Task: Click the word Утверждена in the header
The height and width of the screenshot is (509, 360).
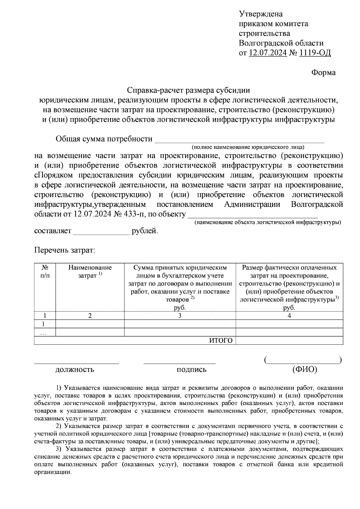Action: click(x=261, y=14)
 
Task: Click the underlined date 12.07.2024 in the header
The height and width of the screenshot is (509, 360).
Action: click(x=268, y=53)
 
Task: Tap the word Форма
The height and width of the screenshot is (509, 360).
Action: click(x=323, y=73)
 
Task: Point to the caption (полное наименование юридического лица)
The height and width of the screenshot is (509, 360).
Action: click(x=248, y=147)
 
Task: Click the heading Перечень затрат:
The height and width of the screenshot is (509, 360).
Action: click(x=64, y=250)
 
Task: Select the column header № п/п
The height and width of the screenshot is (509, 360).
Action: click(x=45, y=271)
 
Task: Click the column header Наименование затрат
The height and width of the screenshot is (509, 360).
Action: click(x=90, y=271)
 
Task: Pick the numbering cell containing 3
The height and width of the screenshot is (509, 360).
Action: click(x=180, y=316)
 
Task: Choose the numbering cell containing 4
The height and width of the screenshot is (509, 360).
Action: click(x=289, y=316)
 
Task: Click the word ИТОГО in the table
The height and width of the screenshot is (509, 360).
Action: click(x=221, y=341)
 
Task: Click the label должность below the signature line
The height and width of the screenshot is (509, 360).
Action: click(x=75, y=370)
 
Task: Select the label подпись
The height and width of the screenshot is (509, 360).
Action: click(x=191, y=370)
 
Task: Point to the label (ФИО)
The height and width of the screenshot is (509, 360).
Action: click(x=304, y=370)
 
